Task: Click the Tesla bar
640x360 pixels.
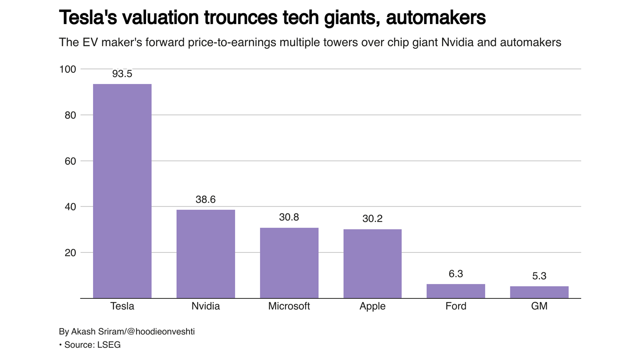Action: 122,191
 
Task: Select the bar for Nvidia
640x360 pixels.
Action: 206,254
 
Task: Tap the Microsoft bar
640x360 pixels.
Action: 289,263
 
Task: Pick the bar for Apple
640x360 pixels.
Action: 372,264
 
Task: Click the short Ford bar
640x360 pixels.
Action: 456,291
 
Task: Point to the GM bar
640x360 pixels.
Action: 539,292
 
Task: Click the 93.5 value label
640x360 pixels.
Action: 122,74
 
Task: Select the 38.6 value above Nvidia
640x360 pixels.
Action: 206,200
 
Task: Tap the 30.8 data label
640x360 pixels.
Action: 289,217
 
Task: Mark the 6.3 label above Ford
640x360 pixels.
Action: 456,274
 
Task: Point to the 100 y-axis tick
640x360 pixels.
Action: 68,70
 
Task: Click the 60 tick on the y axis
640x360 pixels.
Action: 70,161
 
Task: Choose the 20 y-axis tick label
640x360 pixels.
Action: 70,253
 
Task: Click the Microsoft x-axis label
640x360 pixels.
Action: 289,306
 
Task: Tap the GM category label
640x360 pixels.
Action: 539,306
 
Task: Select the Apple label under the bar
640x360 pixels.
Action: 372,306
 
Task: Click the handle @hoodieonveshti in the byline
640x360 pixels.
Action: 161,332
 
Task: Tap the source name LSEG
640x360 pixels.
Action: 109,345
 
